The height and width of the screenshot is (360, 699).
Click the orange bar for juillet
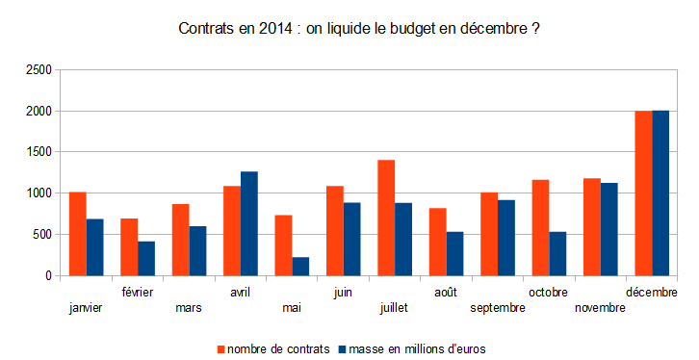pos(386,218)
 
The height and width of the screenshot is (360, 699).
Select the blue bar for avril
pos(249,223)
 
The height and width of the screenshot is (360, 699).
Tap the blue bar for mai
pos(300,267)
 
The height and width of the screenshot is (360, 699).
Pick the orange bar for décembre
pos(643,193)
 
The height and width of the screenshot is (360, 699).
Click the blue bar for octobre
pos(557,253)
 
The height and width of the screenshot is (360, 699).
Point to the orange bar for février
pos(129,247)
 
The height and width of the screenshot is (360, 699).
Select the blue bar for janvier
pos(95,247)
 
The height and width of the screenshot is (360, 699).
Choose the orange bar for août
pos(438,242)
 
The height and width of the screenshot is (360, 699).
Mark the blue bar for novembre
pos(608,229)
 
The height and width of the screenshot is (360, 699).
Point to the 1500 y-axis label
pos(39,152)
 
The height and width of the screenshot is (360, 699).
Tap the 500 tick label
pos(42,234)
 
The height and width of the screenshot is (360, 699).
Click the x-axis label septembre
pos(498,308)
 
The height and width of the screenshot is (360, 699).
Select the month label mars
pos(189,307)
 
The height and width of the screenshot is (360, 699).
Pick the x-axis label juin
pos(343,293)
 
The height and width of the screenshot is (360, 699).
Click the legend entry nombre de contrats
pos(278,348)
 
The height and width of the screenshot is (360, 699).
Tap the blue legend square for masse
pos(343,349)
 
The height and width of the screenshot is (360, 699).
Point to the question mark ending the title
pos(535,29)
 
